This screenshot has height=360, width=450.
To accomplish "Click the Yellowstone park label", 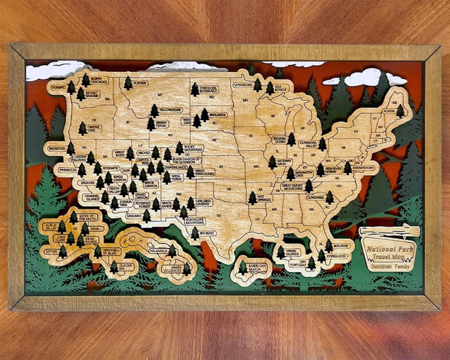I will click(x=170, y=110).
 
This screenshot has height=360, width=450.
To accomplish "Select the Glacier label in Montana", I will click(x=140, y=83).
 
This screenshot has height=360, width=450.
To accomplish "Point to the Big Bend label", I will click(x=208, y=233).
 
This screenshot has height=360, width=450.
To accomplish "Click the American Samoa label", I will click(x=257, y=267).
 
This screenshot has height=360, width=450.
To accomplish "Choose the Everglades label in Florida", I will click(x=337, y=256).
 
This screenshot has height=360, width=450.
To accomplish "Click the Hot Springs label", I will click(x=265, y=197).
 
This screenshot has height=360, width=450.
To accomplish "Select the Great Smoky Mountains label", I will click(x=292, y=187).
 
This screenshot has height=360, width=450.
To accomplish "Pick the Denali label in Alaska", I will click(x=96, y=229).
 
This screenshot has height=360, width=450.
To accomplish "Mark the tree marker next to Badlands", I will click(x=204, y=115).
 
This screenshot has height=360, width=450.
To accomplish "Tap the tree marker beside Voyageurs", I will click(x=257, y=85).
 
